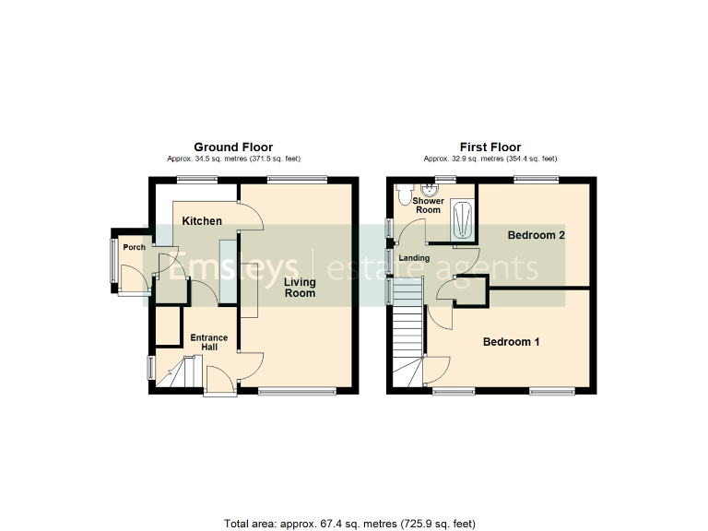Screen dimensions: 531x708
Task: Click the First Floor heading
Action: coord(490,147)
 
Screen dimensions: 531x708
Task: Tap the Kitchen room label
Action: coord(202,221)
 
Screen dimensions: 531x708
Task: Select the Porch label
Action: coord(135,247)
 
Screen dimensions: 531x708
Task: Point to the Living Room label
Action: coord(300,288)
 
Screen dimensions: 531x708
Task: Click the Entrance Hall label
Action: coord(209,342)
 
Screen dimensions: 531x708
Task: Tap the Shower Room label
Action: coord(427,206)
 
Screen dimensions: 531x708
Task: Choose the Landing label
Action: coord(414,258)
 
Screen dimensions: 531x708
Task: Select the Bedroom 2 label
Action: coord(536,235)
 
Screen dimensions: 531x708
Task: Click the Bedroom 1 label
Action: coord(512,342)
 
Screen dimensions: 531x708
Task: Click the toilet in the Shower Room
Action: coord(404,193)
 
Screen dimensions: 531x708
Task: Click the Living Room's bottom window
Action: coord(297,393)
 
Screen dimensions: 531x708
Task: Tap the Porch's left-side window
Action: coord(114,262)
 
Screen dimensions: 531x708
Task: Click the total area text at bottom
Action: coord(349,524)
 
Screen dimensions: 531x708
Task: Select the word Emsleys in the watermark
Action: coord(235,266)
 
